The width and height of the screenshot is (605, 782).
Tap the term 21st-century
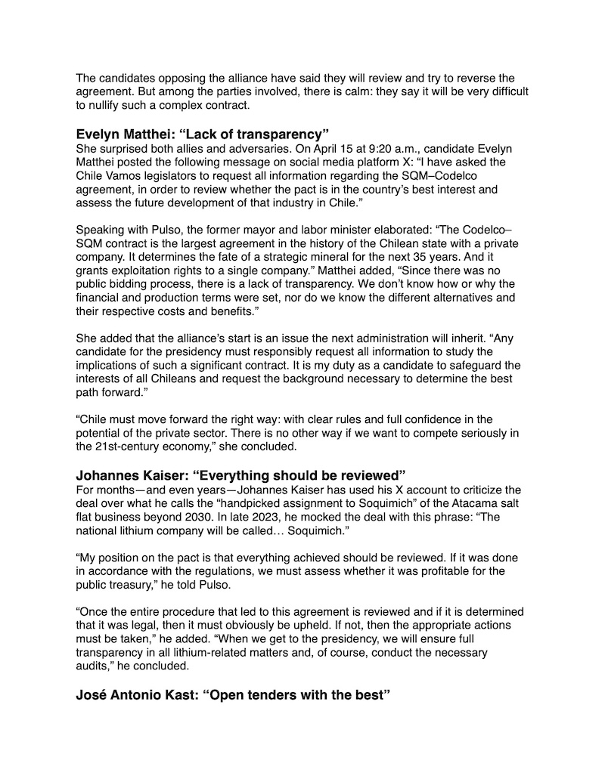click(134, 447)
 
